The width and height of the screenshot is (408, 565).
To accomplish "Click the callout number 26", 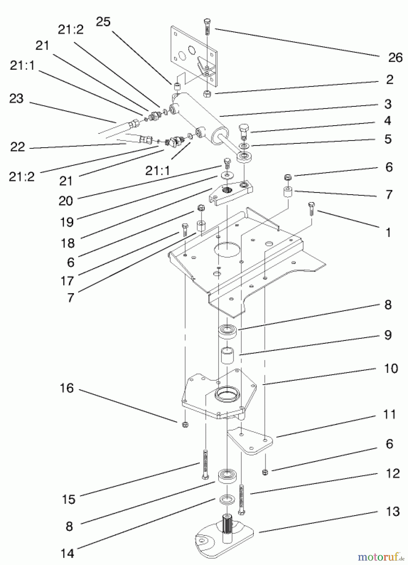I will pyautogui.click(x=395, y=58).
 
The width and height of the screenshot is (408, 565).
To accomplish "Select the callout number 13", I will pyautogui.click(x=393, y=511).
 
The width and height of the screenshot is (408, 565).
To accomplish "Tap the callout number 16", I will pyautogui.click(x=66, y=388).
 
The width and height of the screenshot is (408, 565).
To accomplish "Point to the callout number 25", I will pyautogui.click(x=103, y=22).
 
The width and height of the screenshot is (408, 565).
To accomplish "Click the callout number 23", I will pyautogui.click(x=16, y=99).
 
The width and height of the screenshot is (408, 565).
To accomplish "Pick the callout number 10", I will pyautogui.click(x=391, y=368).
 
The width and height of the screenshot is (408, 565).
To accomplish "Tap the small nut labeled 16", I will pyautogui.click(x=185, y=425).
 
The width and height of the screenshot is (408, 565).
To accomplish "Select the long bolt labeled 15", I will pyautogui.click(x=205, y=464).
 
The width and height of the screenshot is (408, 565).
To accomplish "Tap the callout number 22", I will pyautogui.click(x=17, y=147).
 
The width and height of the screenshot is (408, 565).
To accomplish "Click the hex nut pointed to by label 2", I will pyautogui.click(x=207, y=93).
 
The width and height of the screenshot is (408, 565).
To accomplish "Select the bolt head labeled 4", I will pyautogui.click(x=244, y=129).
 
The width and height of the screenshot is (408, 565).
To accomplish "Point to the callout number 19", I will pyautogui.click(x=66, y=222).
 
